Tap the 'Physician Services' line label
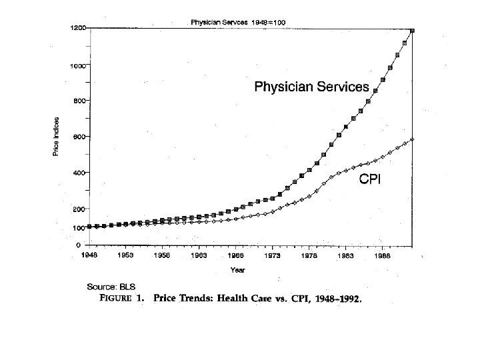pos(311,87)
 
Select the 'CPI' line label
pos(370,179)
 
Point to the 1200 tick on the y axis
pos(77,28)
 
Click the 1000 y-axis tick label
pos(77,65)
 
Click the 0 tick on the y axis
pos(77,245)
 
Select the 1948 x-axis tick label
pos(89,255)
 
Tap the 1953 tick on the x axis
pos(125,255)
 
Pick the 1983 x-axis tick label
pos(345,255)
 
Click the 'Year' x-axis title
pos(237,270)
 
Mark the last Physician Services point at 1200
pos(413,30)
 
